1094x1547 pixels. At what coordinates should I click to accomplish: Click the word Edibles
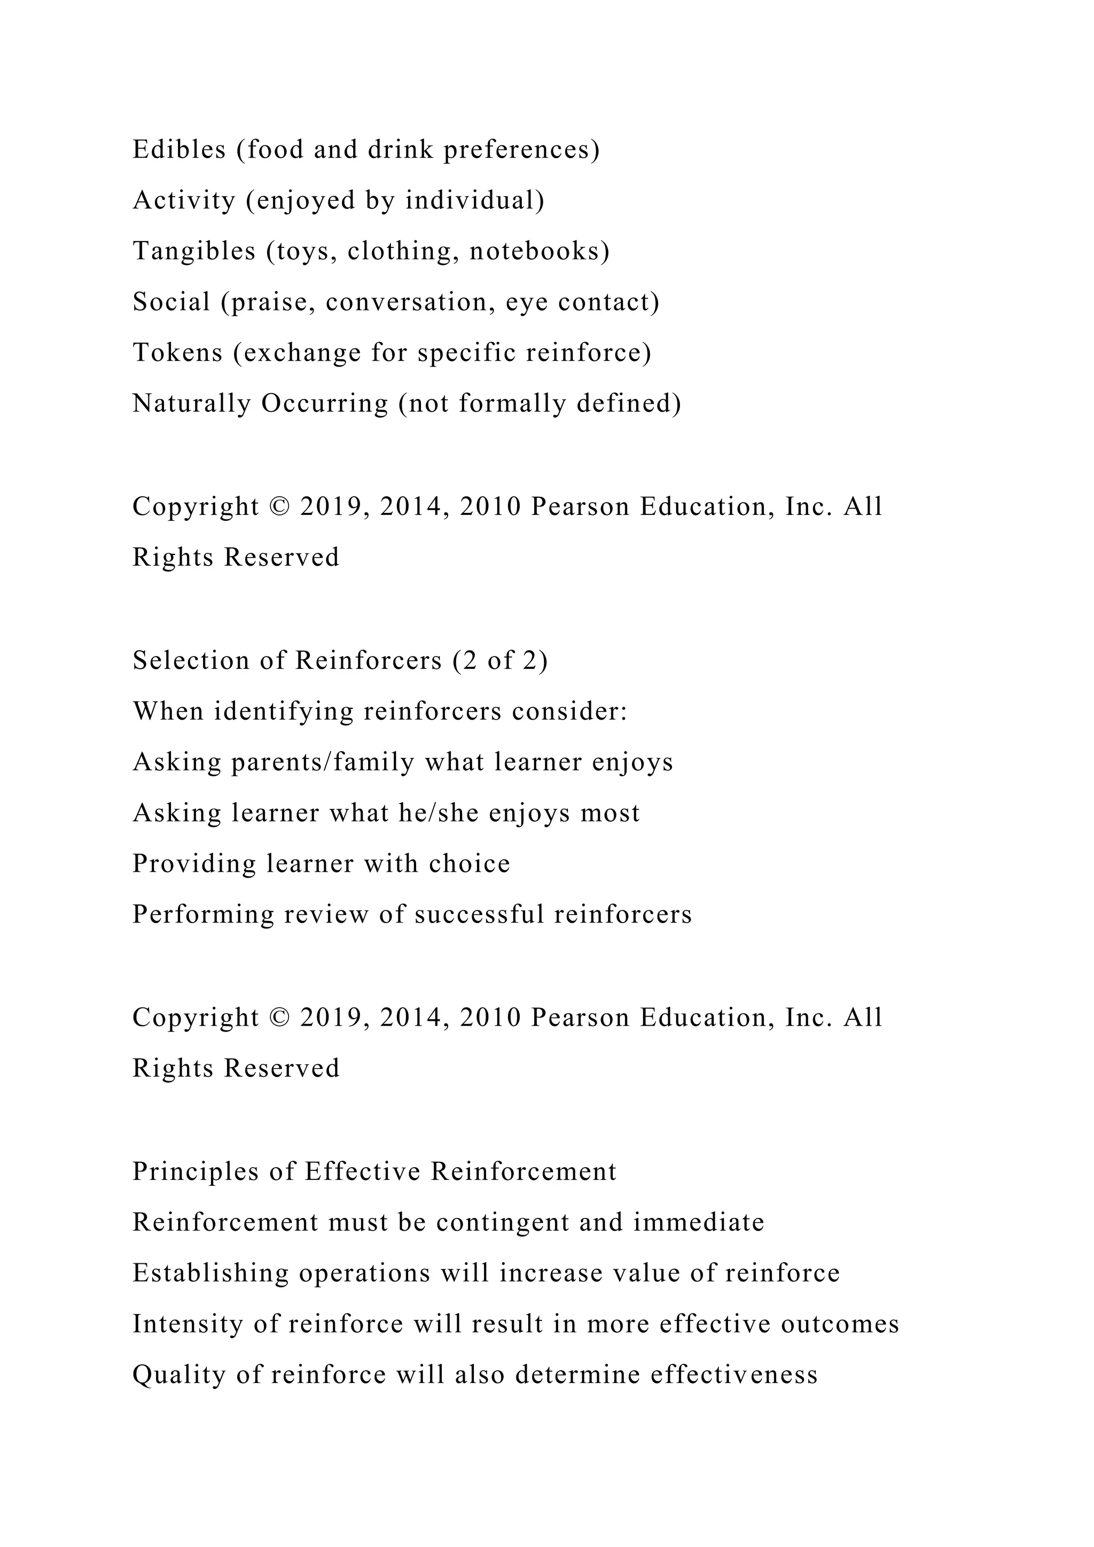[179, 150]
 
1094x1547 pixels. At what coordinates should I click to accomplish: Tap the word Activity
[184, 200]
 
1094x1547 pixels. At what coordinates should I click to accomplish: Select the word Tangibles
[194, 251]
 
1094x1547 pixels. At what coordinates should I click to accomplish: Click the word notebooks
[539, 251]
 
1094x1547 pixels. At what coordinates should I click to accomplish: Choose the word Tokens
[177, 353]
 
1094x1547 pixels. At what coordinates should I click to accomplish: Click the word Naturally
[191, 404]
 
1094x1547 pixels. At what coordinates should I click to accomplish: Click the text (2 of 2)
[501, 660]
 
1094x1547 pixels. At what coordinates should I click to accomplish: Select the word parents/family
[323, 762]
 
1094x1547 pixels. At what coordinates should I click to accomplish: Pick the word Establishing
[210, 1273]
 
